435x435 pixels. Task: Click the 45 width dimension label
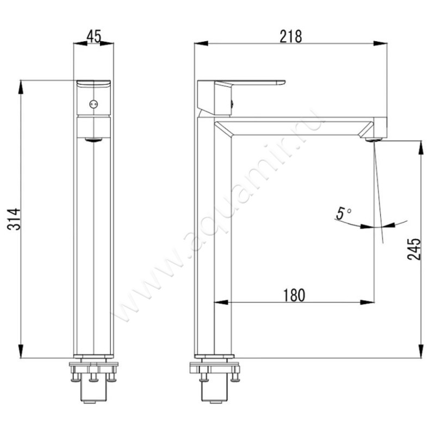[x=94, y=36]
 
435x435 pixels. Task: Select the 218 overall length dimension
[x=291, y=36]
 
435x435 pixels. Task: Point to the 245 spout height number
[x=414, y=248]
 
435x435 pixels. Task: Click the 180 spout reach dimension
[x=294, y=295]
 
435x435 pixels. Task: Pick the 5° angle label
[x=344, y=213]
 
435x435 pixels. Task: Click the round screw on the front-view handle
[x=94, y=104]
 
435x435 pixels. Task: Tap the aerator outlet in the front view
[x=94, y=140]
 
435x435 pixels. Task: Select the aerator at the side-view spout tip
[x=374, y=140]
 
